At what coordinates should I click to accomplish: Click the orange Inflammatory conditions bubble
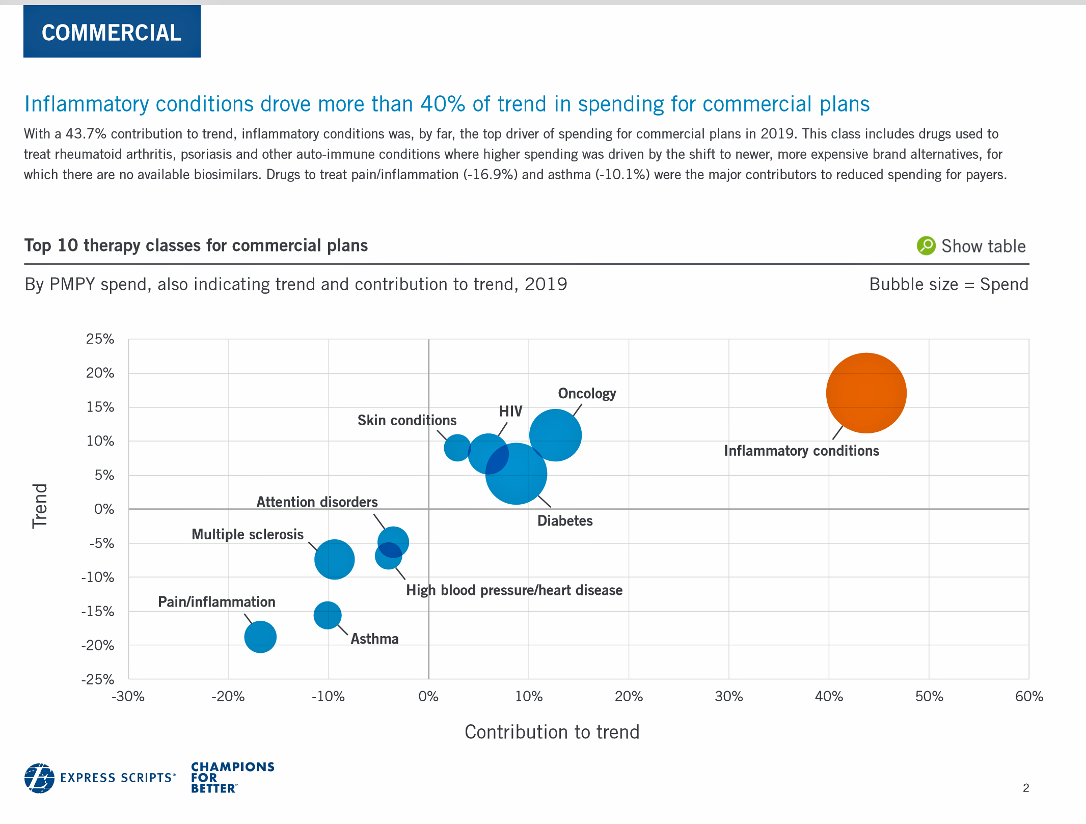tap(866, 393)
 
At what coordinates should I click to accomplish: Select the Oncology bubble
tap(556, 435)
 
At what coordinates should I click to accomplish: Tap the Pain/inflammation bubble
tap(260, 637)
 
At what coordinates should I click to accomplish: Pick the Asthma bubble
tap(328, 615)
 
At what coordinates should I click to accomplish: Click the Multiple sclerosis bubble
tap(334, 559)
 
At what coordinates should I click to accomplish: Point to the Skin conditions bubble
tap(457, 448)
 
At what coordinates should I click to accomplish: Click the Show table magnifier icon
tap(926, 246)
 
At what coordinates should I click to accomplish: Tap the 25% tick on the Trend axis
tap(100, 339)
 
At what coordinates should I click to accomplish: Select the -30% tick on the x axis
tap(128, 697)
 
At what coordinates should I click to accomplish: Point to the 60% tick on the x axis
tap(1029, 697)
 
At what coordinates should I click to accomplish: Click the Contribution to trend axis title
tap(552, 732)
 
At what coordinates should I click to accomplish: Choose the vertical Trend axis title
tap(40, 506)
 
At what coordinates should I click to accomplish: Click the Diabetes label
tap(565, 521)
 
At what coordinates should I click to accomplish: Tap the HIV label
tap(510, 411)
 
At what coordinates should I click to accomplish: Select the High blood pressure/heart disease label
tap(514, 590)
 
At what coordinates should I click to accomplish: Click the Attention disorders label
tap(317, 502)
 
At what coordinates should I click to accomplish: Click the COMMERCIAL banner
tap(112, 33)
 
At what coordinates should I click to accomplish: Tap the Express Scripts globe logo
tap(39, 778)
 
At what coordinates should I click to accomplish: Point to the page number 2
tap(1026, 788)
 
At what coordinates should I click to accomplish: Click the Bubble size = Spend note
tap(948, 284)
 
